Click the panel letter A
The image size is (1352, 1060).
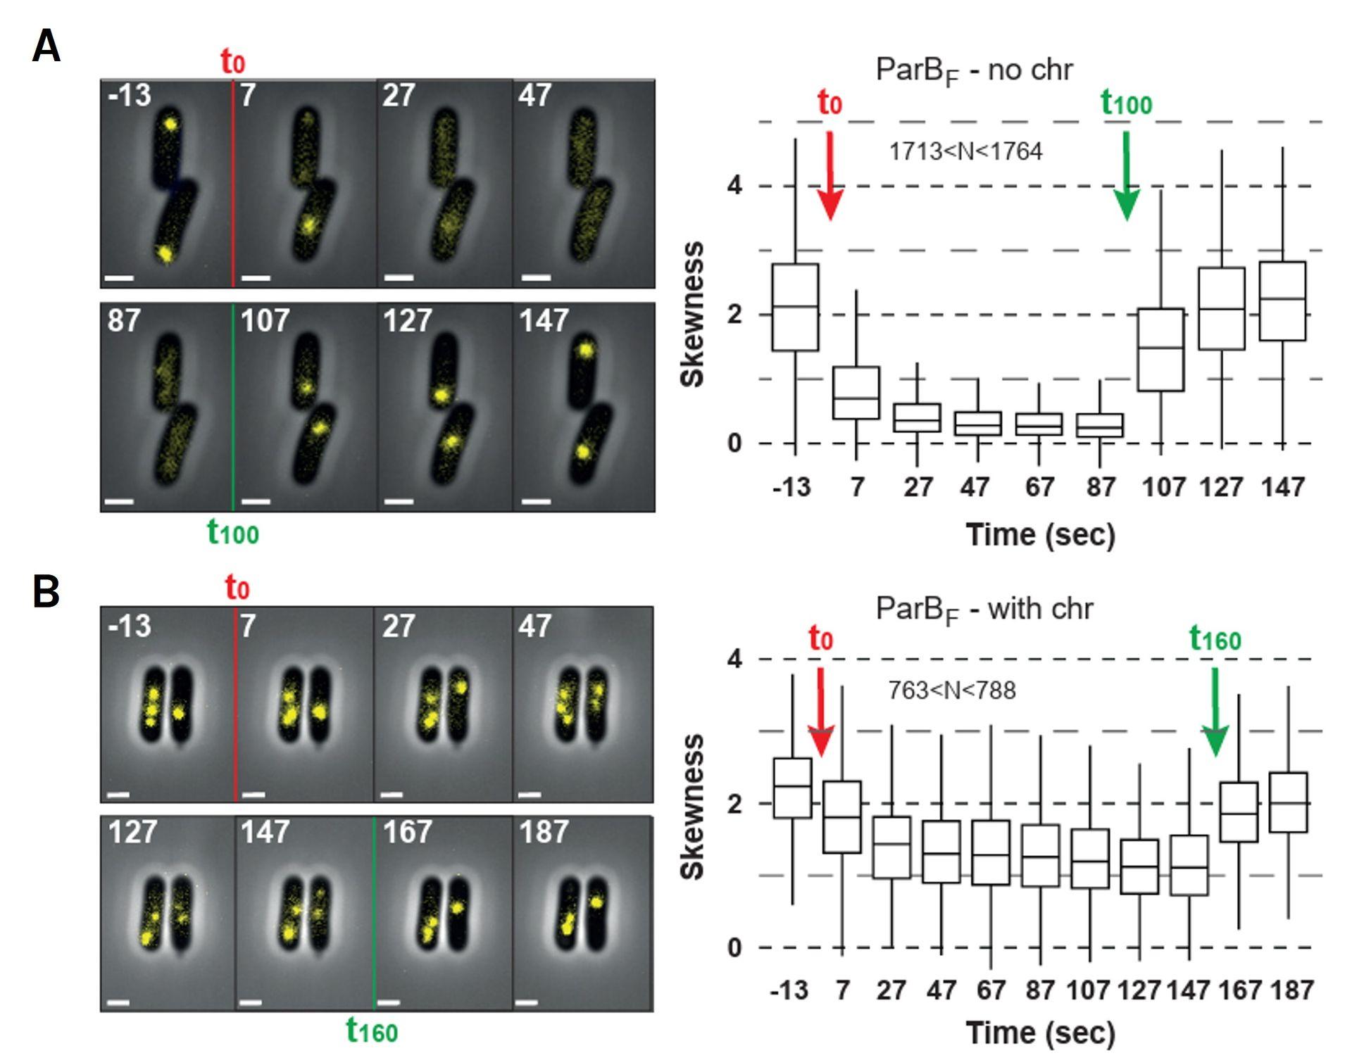(46, 48)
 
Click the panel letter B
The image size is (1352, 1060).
(46, 592)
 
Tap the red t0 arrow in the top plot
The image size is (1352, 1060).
(830, 176)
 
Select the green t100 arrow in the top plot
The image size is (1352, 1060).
(1127, 176)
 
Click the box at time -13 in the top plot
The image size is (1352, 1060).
(795, 307)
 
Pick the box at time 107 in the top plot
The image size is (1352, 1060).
(1160, 349)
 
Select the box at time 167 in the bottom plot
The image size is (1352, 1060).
(1239, 812)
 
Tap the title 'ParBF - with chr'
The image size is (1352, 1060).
(984, 610)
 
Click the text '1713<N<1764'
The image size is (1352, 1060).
(965, 152)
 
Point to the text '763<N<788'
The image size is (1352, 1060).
(951, 691)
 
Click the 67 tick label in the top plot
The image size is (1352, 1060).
(1039, 487)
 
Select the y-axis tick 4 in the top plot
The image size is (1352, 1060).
(734, 187)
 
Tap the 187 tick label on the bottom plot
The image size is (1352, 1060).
(1291, 991)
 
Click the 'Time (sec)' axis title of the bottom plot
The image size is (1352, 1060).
(1040, 1033)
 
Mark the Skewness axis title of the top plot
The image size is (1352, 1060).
(693, 314)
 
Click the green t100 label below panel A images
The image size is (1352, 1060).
(233, 533)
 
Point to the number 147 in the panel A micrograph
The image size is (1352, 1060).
(544, 322)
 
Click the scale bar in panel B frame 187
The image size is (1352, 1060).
(527, 1002)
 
